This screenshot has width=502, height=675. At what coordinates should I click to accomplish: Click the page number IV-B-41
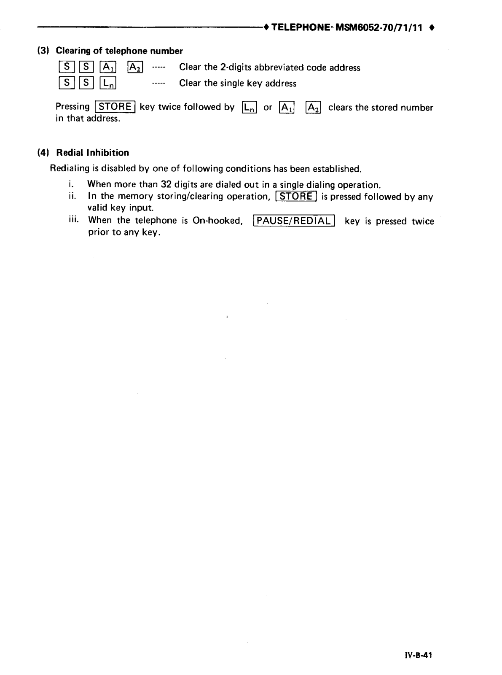[418, 655]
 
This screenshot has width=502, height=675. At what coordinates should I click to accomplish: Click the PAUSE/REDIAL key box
[294, 221]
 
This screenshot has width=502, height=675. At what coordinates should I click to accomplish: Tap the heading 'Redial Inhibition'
[93, 153]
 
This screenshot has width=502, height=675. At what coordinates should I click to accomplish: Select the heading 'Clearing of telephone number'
[119, 51]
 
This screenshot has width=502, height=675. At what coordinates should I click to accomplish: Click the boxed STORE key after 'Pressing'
[115, 107]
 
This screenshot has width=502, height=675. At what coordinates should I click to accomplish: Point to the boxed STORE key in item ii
[295, 197]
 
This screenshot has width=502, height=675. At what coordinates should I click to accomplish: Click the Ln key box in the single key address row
[108, 83]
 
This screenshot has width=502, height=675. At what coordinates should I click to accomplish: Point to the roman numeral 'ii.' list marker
[72, 196]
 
